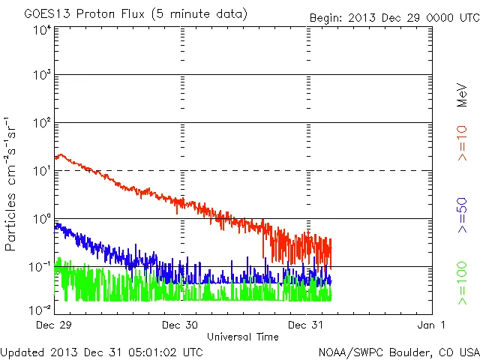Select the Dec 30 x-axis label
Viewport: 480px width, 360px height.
(180, 325)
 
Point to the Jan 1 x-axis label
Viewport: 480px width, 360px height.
(432, 325)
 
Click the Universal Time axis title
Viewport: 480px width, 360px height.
(243, 337)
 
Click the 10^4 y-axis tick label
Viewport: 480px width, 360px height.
(42, 30)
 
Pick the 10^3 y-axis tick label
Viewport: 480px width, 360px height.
(42, 76)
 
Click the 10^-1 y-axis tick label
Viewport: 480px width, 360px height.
(40, 266)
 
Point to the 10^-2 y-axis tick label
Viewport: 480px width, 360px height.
(40, 309)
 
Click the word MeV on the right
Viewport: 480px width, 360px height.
(463, 96)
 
